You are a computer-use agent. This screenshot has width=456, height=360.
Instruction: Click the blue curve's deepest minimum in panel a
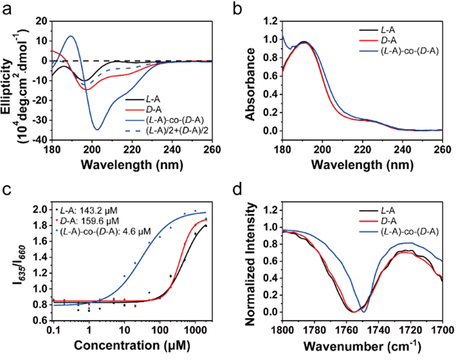pyautogui.click(x=97, y=129)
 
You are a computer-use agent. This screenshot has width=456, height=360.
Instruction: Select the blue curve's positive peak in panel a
pyautogui.click(x=70, y=36)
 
